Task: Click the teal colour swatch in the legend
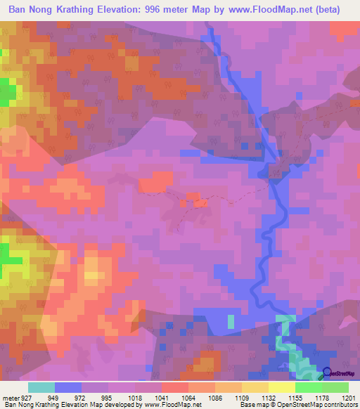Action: tap(41, 387)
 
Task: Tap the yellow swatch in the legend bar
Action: tap(282, 387)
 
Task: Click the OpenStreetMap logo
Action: tap(340, 374)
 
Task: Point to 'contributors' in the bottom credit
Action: tap(340, 405)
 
